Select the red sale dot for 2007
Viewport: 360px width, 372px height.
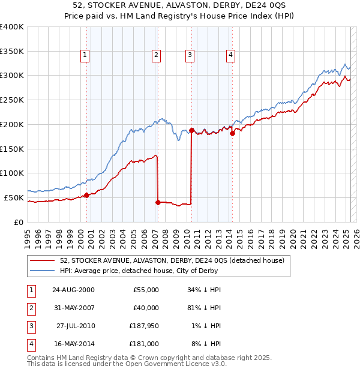click(158, 202)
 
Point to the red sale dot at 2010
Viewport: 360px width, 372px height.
click(191, 130)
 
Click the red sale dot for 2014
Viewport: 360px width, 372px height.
click(232, 134)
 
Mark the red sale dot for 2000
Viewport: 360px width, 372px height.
click(86, 195)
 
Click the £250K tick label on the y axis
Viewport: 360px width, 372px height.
click(11, 100)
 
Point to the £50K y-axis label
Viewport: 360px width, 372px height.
click(14, 197)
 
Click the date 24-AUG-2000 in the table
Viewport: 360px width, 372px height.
click(74, 290)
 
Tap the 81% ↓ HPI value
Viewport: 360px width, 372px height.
click(202, 308)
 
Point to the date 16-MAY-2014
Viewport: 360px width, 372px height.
click(74, 344)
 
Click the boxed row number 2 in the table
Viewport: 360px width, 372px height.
click(30, 308)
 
